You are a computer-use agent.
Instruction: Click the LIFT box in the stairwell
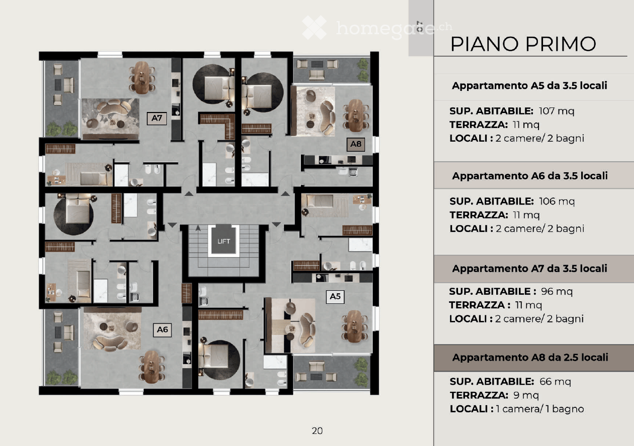[224, 241]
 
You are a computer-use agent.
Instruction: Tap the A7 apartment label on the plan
[156, 119]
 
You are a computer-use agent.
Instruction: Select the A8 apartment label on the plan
[355, 145]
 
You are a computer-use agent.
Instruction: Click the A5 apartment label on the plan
[335, 297]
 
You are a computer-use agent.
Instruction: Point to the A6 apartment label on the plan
[162, 329]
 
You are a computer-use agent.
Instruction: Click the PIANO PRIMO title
[523, 44]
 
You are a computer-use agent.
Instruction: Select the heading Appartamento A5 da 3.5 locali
[529, 85]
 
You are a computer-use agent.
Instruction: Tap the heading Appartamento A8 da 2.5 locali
[530, 358]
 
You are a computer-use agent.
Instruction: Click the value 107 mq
[556, 111]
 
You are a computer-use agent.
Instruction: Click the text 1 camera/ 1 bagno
[539, 409]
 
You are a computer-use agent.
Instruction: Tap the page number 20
[317, 430]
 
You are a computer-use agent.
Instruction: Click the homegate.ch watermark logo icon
[314, 28]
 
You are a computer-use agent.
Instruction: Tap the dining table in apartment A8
[354, 114]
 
